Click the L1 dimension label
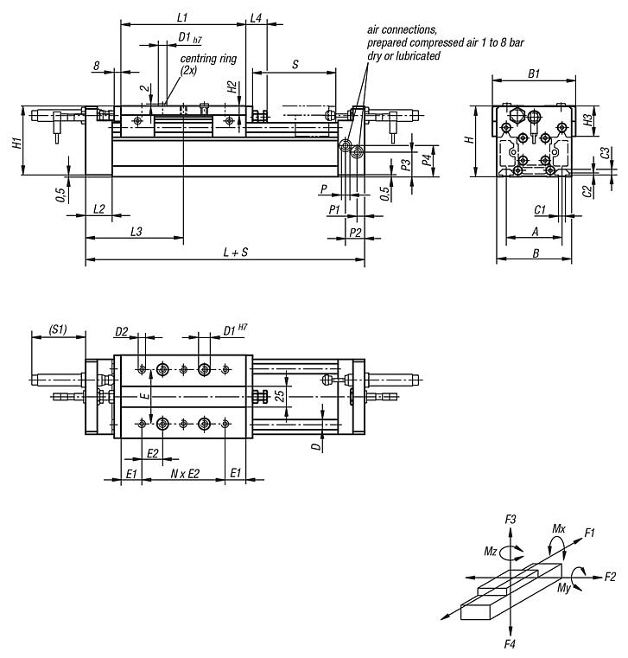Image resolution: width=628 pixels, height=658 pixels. [x=182, y=16]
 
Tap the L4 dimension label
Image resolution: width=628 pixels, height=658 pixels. [x=257, y=16]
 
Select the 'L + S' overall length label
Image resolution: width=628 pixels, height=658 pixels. [x=235, y=252]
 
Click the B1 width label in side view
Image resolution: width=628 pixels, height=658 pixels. [x=534, y=75]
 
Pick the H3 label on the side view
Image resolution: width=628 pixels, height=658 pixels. [x=588, y=120]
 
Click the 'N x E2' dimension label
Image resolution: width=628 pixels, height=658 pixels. [x=184, y=474]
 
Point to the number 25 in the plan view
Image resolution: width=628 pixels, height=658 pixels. [x=279, y=396]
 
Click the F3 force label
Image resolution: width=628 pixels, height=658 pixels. [x=511, y=519]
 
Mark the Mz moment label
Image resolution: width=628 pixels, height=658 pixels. [x=491, y=549]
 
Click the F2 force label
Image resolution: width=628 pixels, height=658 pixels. [x=610, y=576]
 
